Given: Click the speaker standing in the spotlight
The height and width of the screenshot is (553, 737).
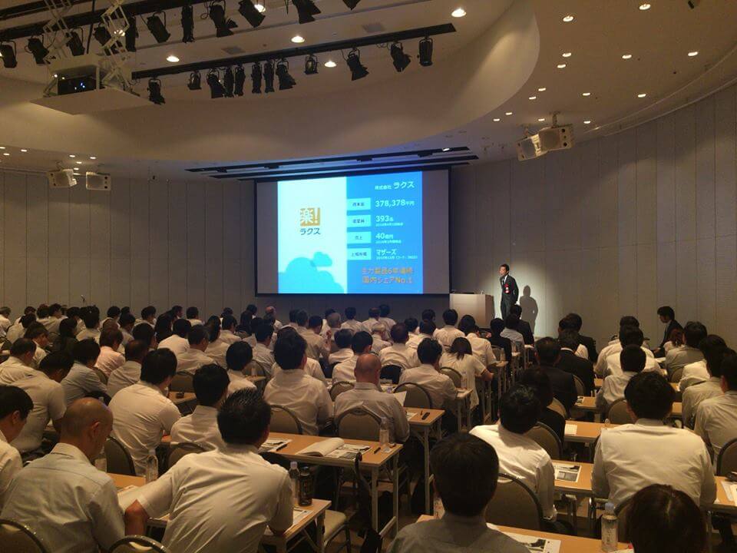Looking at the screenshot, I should click(507, 290).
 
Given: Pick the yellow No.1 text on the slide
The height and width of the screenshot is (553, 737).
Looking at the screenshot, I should click(406, 282).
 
